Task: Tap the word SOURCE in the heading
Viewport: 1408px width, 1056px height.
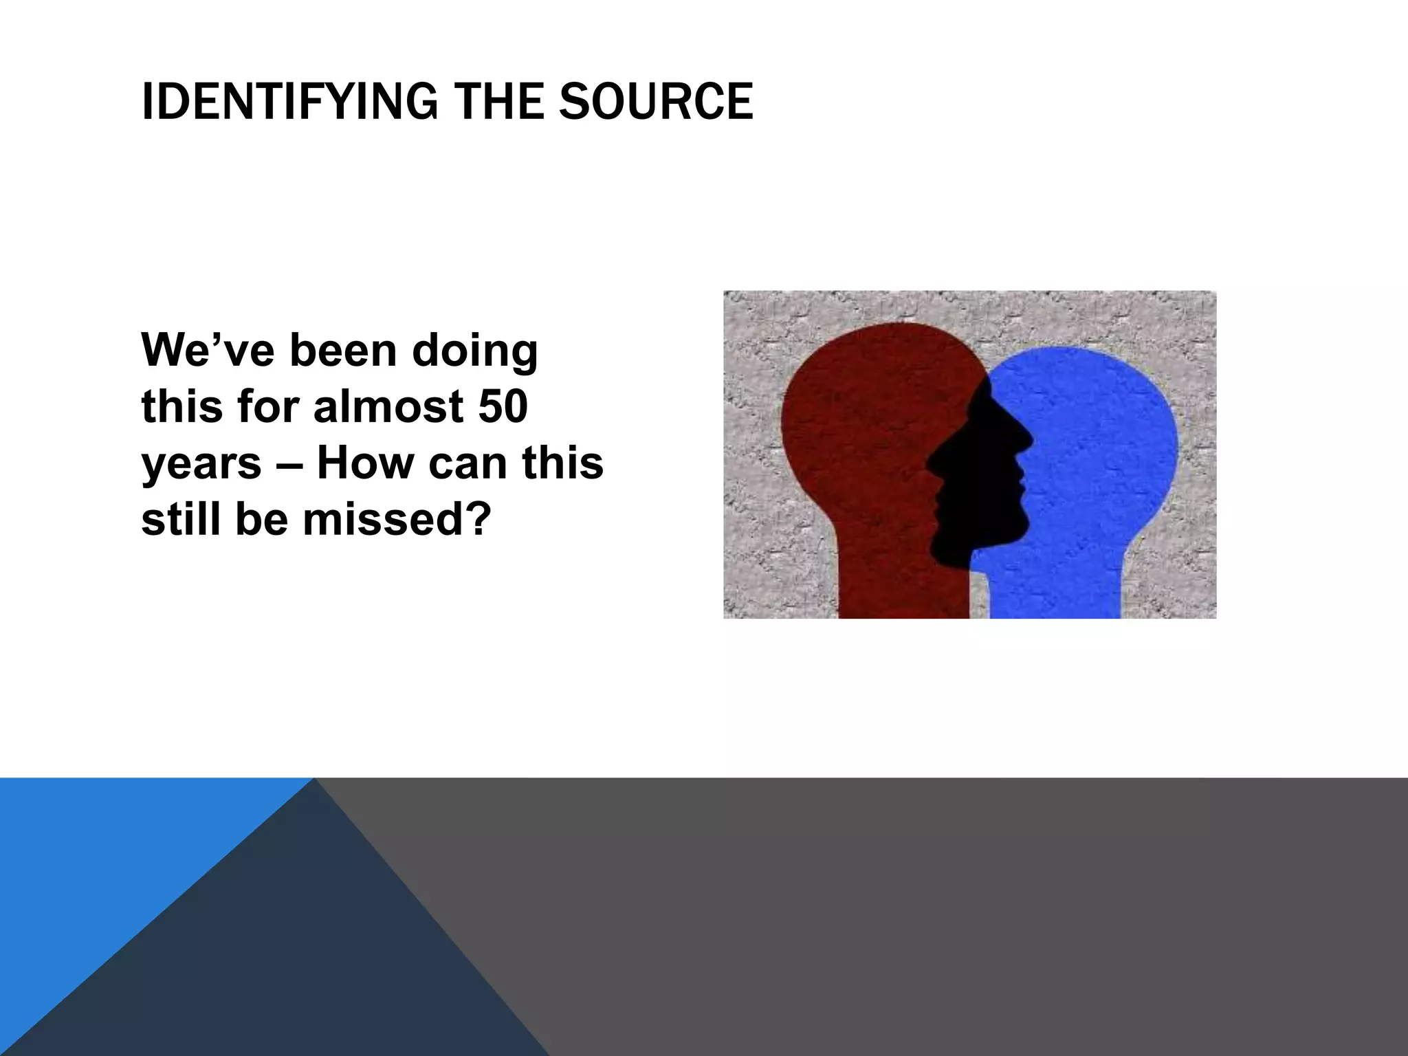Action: [x=656, y=102]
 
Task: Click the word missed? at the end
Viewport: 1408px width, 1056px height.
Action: [x=398, y=519]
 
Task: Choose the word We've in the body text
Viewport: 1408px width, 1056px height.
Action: [x=210, y=350]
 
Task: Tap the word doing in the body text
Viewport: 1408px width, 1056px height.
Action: [x=474, y=351]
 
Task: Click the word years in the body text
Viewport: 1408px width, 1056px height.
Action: [x=201, y=464]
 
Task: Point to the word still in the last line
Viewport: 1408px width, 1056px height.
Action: [x=181, y=519]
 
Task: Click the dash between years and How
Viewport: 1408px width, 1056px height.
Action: [x=289, y=464]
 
